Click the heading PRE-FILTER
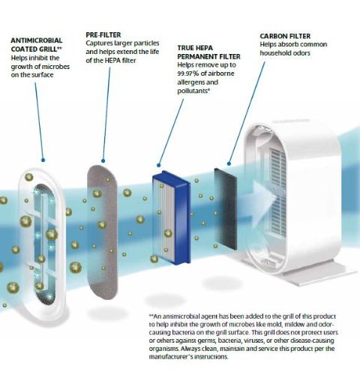(x=103, y=34)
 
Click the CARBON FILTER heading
(x=285, y=36)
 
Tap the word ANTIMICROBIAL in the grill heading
(x=37, y=40)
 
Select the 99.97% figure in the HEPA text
(x=188, y=73)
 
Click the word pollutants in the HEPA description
(x=192, y=91)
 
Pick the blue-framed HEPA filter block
(x=171, y=217)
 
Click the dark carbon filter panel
(x=225, y=208)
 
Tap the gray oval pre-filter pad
(x=102, y=232)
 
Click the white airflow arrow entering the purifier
(x=265, y=198)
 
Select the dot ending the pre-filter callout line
(x=103, y=160)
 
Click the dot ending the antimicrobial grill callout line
(x=43, y=160)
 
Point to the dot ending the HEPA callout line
(x=158, y=165)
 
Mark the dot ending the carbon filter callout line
(x=229, y=163)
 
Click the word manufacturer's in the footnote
(x=171, y=356)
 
